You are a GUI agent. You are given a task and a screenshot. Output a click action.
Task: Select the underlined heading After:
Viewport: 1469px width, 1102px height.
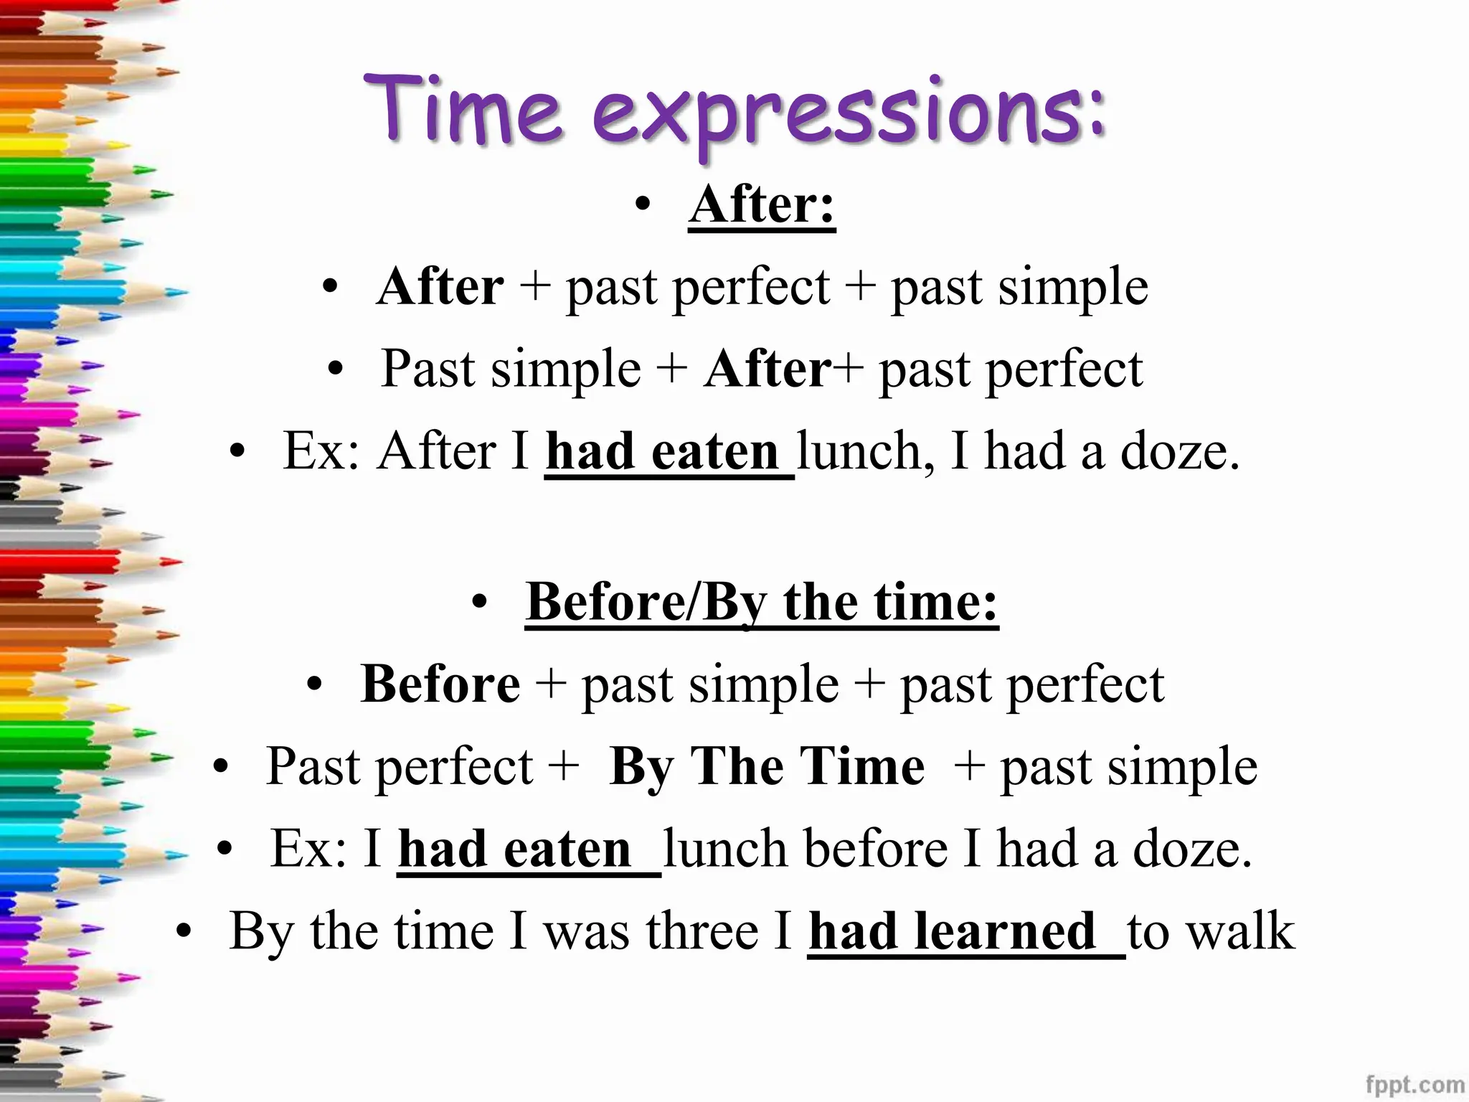pos(762,205)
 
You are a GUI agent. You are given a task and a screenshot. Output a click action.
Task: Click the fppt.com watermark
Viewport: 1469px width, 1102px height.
pos(1415,1084)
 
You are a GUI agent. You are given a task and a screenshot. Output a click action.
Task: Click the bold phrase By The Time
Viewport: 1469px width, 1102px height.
pos(766,766)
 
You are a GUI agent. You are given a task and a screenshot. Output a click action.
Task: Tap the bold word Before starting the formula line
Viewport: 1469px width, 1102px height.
pos(440,684)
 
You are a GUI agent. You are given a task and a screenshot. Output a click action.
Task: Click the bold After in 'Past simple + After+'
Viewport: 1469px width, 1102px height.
pos(767,369)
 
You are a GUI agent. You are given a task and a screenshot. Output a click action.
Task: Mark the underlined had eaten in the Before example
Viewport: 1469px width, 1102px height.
pos(514,849)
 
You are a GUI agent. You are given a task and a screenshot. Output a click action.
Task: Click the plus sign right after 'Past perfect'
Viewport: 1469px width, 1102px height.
pos(563,766)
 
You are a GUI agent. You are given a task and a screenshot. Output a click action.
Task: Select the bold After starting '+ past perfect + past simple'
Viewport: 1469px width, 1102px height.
pos(440,286)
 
